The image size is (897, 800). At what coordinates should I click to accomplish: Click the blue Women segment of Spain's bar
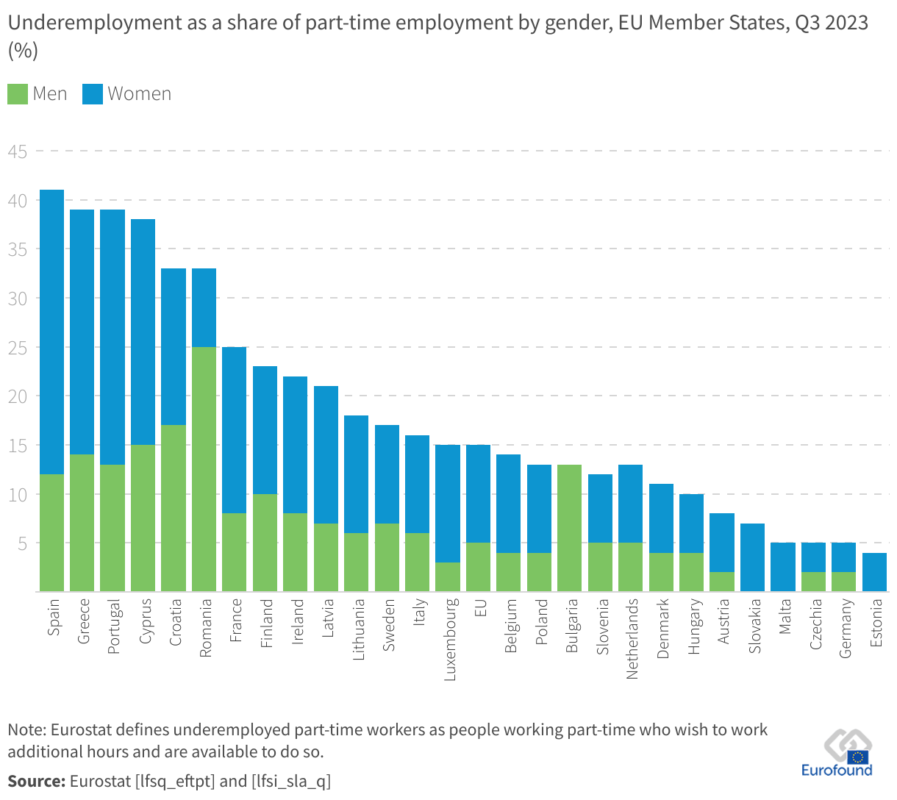pos(51,331)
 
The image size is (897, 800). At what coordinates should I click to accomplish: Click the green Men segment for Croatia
pos(174,507)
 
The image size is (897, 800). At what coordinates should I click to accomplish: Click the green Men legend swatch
pos(18,94)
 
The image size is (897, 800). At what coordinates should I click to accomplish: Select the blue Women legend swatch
pos(93,94)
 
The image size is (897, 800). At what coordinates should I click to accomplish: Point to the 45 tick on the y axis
pos(18,151)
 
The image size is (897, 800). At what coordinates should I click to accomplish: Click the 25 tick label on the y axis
pos(18,347)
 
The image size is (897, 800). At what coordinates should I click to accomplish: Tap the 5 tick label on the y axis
pos(23,543)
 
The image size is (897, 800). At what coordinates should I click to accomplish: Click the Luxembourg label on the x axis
pos(450,639)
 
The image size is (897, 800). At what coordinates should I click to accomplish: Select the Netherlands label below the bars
pos(632,637)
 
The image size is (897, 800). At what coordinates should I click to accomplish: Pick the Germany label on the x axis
pos(845,628)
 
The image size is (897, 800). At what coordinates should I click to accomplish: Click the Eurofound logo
pos(837,753)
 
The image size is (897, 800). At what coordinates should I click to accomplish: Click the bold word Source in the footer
pos(36,781)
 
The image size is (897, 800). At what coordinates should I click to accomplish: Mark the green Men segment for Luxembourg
pos(448,577)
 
